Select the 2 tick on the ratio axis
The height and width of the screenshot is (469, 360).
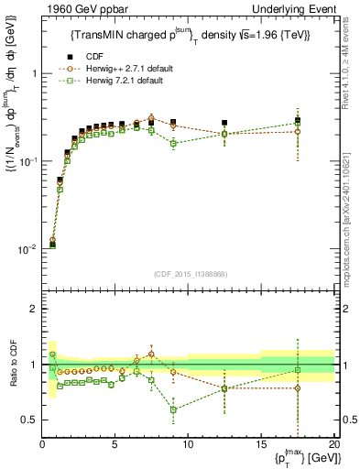(33, 309)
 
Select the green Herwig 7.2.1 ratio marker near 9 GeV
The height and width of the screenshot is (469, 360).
(173, 409)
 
